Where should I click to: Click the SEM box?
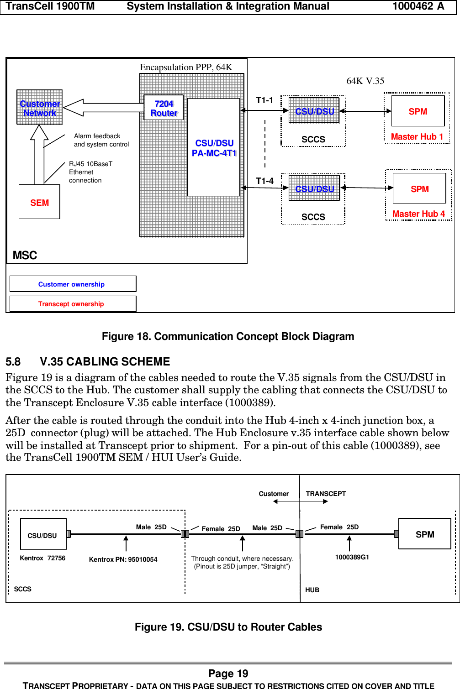coord(39,202)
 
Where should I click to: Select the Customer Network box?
coord(40,108)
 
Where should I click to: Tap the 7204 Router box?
coord(164,108)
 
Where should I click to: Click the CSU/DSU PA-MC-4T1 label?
coord(214,148)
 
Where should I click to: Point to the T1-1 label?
coord(264,100)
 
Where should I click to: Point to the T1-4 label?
coord(264,181)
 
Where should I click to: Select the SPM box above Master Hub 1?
coord(418,111)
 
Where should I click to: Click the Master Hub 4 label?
coord(418,214)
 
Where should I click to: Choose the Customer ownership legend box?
coord(72,284)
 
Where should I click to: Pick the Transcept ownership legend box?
coord(72,304)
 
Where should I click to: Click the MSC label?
coord(25,255)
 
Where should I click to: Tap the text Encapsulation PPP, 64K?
coord(186,67)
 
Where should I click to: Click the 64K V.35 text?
coord(365,81)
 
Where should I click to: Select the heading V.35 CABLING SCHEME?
coord(105,361)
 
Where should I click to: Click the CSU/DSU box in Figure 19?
coord(43,534)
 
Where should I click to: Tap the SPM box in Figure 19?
coord(424,534)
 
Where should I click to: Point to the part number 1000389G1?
coord(352,557)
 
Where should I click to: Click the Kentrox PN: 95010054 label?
coord(123,559)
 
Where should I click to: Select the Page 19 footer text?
coord(228,673)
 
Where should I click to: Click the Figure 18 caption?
coord(228,336)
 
